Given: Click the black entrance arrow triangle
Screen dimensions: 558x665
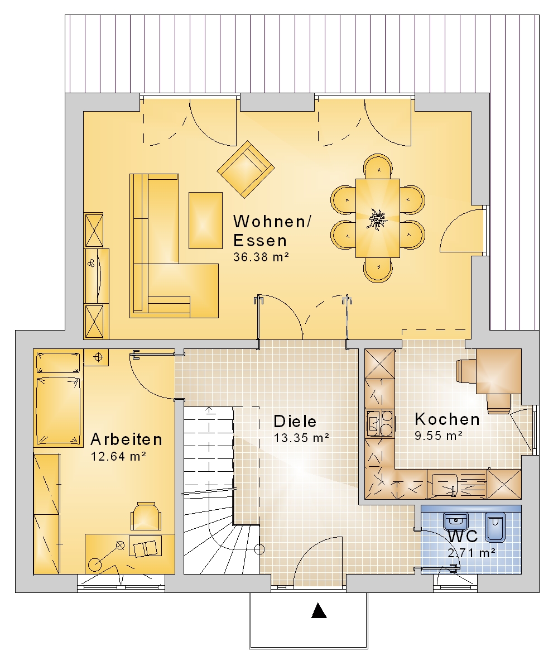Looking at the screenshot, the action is tap(319, 611).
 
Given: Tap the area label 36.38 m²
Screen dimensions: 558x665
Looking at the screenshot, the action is tap(261, 257).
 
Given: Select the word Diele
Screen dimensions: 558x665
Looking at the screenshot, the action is tap(295, 421).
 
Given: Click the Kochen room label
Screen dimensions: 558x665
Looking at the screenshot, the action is tap(447, 419).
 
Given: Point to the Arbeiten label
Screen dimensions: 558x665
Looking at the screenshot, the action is tap(126, 439).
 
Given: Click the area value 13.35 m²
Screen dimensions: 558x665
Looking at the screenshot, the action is tap(301, 438).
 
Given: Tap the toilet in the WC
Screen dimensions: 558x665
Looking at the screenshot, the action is tap(495, 527).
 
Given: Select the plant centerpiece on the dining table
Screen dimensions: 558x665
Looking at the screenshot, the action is tap(377, 219).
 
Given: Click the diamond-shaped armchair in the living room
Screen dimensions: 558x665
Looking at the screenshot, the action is tap(246, 169).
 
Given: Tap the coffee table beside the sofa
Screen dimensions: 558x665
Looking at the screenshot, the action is tap(205, 220).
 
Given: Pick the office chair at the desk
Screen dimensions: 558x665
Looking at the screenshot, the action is tap(146, 515).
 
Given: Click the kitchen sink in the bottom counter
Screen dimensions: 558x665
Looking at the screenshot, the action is tap(444, 485).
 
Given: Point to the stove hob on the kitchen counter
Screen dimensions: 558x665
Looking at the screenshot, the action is tap(379, 423).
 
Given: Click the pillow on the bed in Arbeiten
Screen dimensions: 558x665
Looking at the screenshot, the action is tap(59, 362).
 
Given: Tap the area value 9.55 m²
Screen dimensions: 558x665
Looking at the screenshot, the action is tap(439, 436).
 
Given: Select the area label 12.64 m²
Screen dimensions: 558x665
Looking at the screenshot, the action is tap(119, 456).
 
